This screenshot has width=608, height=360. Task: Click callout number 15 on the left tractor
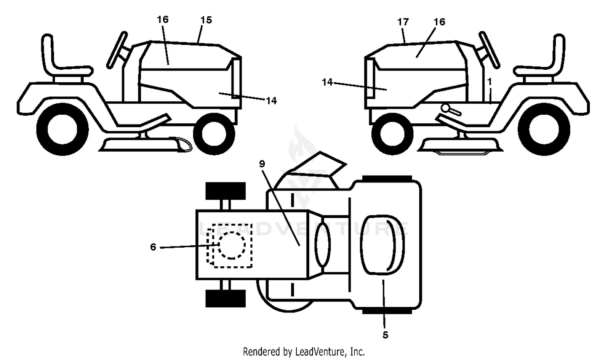[x=206, y=20]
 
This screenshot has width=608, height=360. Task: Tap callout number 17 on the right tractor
[x=403, y=22]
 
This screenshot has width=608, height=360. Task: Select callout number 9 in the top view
[x=262, y=164]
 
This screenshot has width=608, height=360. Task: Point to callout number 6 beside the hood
[x=153, y=247]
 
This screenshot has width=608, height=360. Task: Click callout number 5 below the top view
[x=385, y=335]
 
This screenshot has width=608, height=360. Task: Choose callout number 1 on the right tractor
[x=490, y=82]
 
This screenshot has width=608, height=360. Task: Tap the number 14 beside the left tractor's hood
[x=271, y=101]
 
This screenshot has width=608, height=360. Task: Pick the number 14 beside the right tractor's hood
[x=327, y=82]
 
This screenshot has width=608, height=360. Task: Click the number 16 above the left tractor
[x=163, y=19]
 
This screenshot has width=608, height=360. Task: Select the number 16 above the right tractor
[x=439, y=22]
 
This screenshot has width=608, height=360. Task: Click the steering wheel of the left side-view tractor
[x=117, y=50]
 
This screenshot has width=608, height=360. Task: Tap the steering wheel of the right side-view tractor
[x=489, y=50]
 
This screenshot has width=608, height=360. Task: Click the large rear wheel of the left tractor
[x=62, y=129]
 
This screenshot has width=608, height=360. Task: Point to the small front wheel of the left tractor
[x=214, y=134]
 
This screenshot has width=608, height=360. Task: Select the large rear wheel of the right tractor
[x=544, y=129]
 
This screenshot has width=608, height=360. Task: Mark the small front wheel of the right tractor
[x=392, y=134]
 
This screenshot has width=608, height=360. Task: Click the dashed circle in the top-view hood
[x=232, y=245]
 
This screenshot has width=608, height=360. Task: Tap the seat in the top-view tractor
[x=382, y=245]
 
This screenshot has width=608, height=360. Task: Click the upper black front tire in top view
[x=225, y=191]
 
